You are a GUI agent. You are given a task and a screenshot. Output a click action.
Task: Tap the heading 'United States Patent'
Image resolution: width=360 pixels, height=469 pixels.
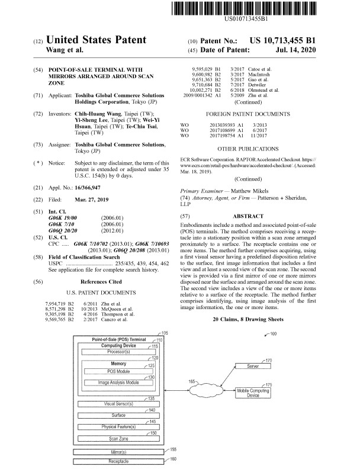(x=95, y=40)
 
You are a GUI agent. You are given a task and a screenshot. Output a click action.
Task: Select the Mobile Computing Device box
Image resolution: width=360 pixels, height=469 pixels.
(x=253, y=393)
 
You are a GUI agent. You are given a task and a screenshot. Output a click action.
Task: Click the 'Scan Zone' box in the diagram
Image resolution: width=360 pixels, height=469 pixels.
(x=118, y=439)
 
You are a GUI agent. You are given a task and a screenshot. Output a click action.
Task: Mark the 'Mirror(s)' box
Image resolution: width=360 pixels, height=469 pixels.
(x=118, y=451)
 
